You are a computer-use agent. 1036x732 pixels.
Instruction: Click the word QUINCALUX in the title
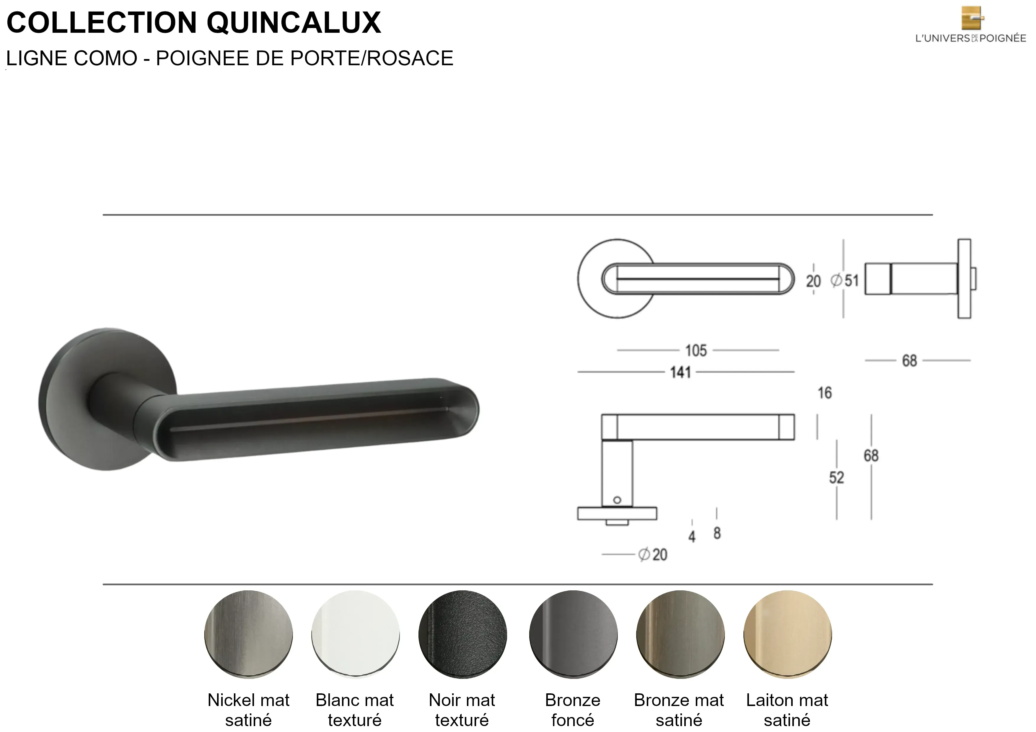pos(294,22)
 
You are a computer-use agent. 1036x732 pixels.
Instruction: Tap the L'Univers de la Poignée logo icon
pos(973,18)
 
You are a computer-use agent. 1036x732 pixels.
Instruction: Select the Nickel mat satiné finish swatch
pos(249,634)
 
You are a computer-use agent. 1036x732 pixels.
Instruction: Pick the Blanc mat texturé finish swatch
pos(356,634)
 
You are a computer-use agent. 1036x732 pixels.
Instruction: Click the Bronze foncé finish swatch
pos(574,634)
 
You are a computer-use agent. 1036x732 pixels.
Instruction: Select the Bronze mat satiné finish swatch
pos(680,634)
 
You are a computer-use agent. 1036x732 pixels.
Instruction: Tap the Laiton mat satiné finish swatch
pos(788,634)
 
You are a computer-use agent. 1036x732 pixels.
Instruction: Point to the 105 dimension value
pos(696,350)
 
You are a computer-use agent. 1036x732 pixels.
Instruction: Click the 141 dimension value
pos(680,372)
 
